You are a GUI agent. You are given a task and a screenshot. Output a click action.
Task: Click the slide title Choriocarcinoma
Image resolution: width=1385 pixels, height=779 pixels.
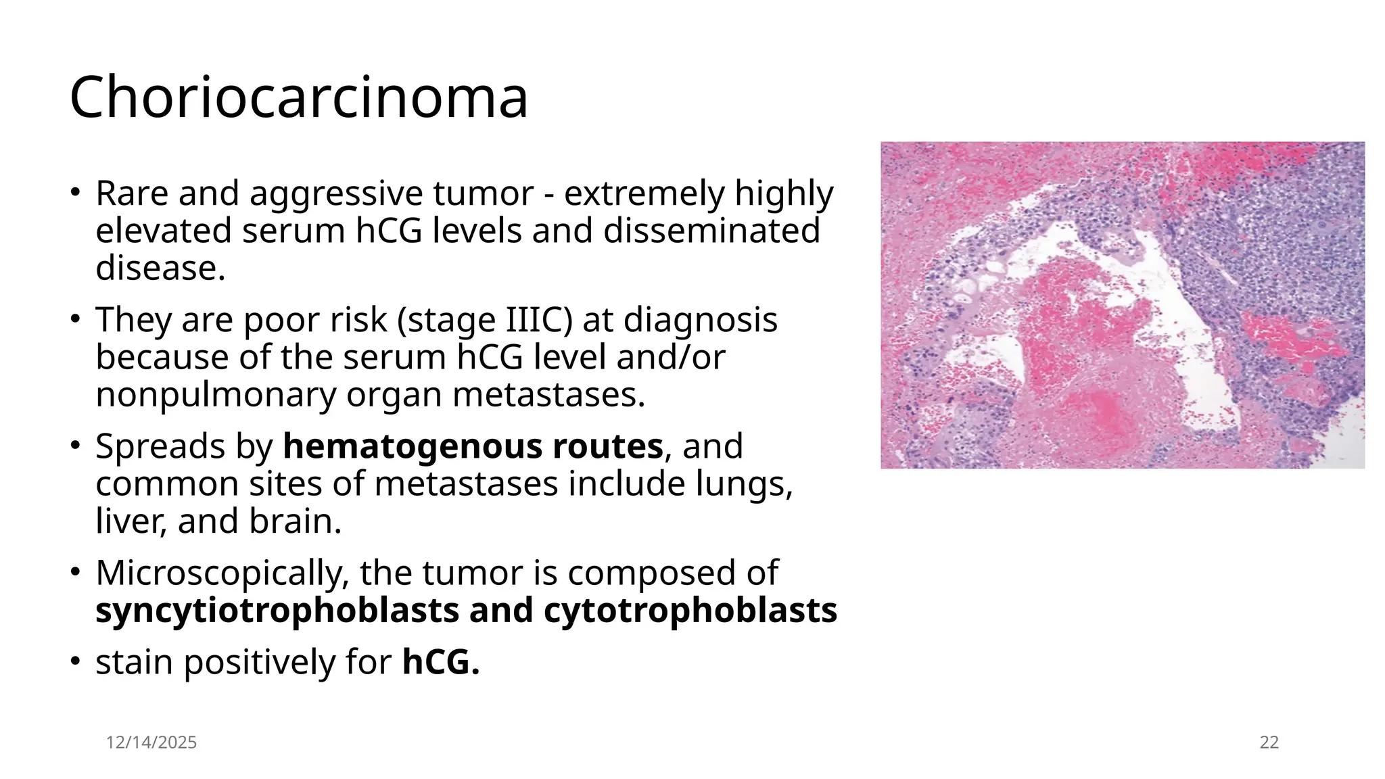coord(298,97)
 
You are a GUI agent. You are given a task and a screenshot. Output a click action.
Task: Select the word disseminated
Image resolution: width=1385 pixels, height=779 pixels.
coord(711,231)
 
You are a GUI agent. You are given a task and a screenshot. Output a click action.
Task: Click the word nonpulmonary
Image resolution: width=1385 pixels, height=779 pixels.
coord(216,395)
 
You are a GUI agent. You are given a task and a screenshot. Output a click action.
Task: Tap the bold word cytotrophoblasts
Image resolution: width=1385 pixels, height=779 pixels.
coord(690,611)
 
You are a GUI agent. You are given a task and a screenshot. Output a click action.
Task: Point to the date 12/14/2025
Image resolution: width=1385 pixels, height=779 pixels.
coord(151,742)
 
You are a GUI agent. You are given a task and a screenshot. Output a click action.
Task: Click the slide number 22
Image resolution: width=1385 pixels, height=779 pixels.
coord(1269,742)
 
